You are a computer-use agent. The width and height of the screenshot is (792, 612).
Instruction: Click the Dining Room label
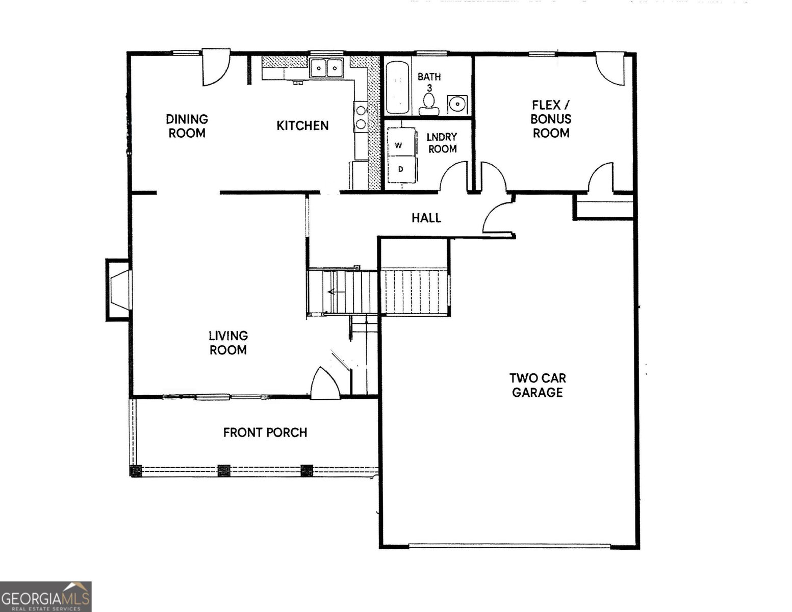pos(187,126)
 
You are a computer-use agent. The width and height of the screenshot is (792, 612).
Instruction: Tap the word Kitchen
pos(302,126)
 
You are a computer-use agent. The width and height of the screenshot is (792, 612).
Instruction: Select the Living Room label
pos(228,343)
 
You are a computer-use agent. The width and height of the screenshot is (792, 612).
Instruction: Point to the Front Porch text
pos(265,432)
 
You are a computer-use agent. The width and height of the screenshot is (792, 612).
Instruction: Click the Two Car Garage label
pos(538,385)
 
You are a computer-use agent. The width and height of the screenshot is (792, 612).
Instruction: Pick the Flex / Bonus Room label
pos(551,119)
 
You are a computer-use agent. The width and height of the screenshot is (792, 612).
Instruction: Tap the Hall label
pos(426,218)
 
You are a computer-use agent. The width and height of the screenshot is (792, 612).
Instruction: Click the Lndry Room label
pos(442,143)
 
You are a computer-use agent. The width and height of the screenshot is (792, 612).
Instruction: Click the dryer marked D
pos(401,169)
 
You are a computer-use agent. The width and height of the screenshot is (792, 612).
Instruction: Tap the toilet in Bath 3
pos(429,104)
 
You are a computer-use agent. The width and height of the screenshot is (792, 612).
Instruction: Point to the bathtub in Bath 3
pos(398,88)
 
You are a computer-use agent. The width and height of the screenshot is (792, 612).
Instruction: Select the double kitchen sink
pos(326,68)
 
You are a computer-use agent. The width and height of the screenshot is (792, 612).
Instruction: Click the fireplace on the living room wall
pos(118,290)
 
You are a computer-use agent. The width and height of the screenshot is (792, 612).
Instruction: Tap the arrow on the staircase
pos(333,291)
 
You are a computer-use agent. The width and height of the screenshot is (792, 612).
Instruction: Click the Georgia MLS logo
pos(45,597)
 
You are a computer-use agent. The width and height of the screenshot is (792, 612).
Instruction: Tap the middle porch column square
pos(224,471)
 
